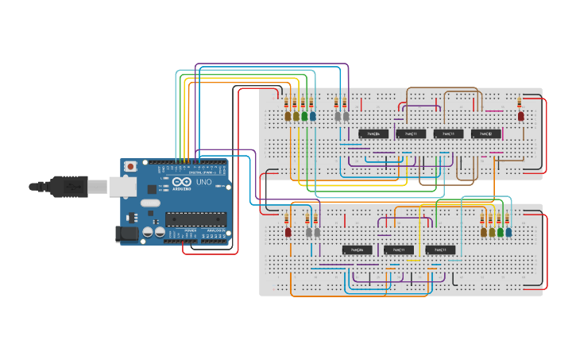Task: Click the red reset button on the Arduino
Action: (x=131, y=167)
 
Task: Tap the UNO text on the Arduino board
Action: (x=203, y=183)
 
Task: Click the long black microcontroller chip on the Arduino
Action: (x=195, y=219)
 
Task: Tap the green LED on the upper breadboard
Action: (x=303, y=116)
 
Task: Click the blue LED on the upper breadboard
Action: (x=312, y=116)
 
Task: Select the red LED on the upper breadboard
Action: (x=521, y=116)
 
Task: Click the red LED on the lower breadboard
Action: (x=288, y=233)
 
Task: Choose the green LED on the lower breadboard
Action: (x=500, y=233)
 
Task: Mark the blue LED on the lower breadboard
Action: (x=508, y=233)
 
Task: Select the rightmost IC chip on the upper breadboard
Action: (x=486, y=134)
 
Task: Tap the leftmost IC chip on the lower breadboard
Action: (x=357, y=250)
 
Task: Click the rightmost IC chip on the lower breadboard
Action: (x=441, y=250)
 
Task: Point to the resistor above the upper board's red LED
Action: (x=520, y=103)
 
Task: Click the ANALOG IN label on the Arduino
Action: (x=216, y=241)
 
